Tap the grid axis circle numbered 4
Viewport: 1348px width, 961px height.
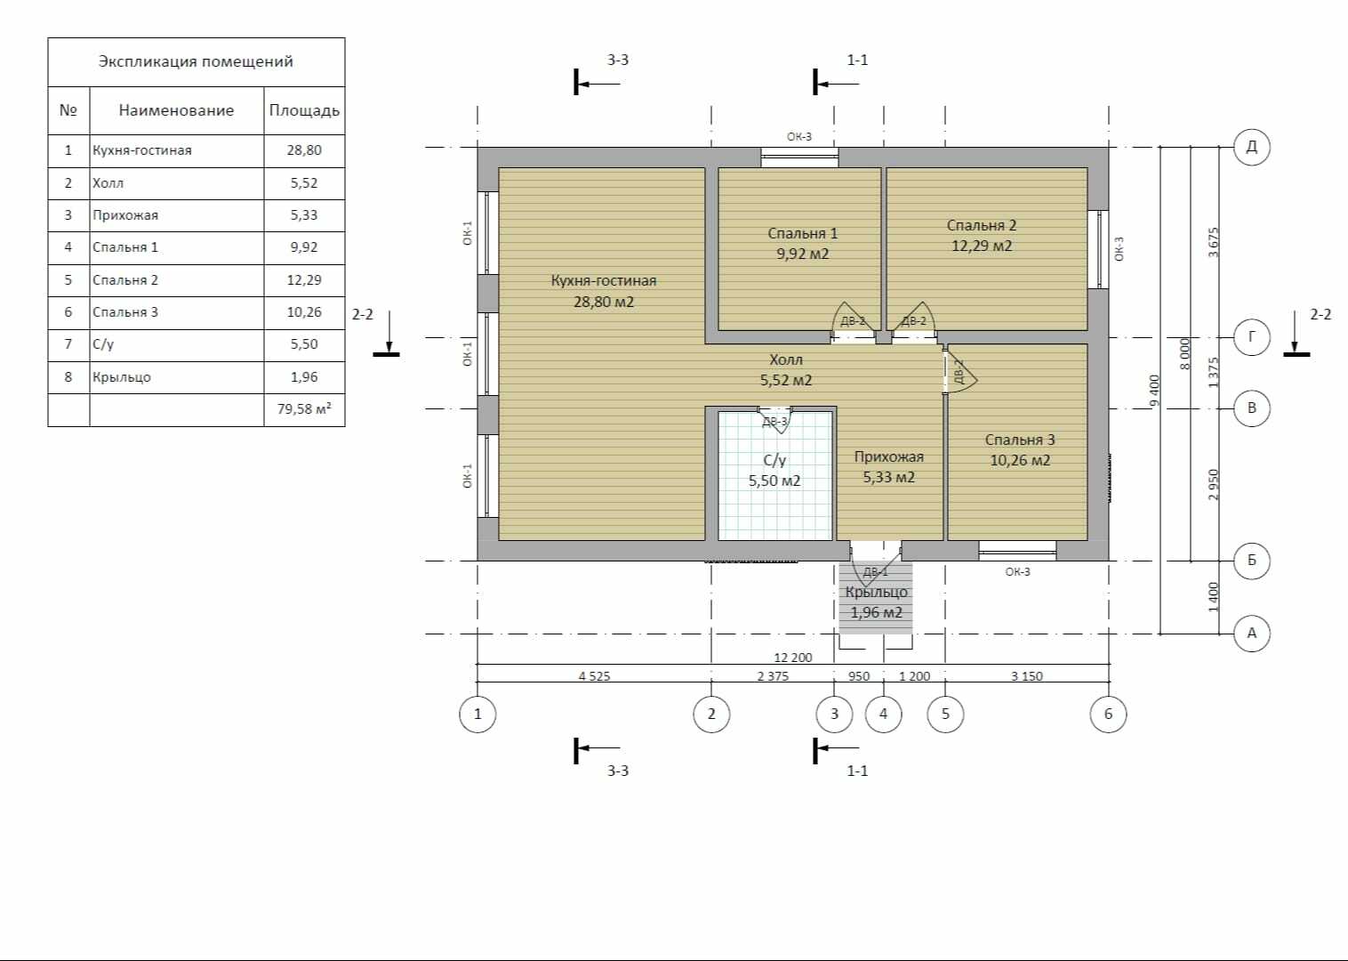[x=884, y=715]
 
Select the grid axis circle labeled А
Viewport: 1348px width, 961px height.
[x=1252, y=634]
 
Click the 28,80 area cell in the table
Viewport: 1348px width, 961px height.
[x=304, y=150]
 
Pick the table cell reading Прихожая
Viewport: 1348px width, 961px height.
[x=125, y=215]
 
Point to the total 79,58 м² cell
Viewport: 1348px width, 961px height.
[x=304, y=409]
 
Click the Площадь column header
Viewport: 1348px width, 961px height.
[x=304, y=111]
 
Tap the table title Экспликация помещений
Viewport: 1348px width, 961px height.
[x=196, y=61]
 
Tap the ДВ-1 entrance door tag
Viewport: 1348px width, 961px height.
[x=876, y=571]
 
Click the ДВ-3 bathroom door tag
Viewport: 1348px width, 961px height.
[x=774, y=422]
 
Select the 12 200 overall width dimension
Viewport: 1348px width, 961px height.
[x=792, y=658]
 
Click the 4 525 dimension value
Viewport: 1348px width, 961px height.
[x=594, y=676]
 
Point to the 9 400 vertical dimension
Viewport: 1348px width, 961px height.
[x=1153, y=391]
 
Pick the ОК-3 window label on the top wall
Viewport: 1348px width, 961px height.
[x=799, y=137]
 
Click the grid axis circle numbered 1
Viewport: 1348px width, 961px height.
[x=477, y=715]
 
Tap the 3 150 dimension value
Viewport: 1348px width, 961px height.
[x=1027, y=676]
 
